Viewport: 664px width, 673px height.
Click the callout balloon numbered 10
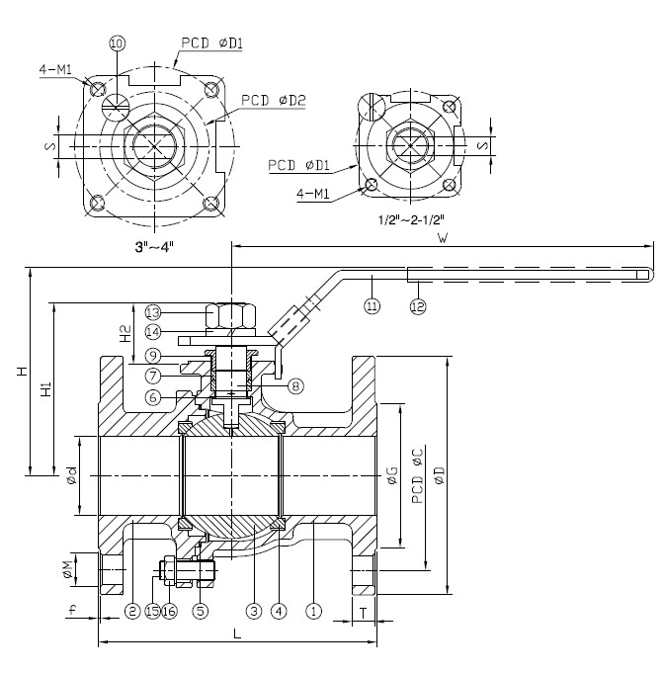click(x=118, y=43)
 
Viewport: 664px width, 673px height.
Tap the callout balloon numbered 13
click(x=152, y=312)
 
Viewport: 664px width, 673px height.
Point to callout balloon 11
click(x=372, y=306)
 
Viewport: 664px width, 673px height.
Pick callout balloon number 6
click(x=152, y=396)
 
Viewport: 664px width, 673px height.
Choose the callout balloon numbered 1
click(x=313, y=612)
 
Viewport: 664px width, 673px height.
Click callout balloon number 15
click(x=152, y=612)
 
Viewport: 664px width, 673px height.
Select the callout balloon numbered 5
click(x=201, y=612)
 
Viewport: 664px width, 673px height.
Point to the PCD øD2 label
click(x=273, y=101)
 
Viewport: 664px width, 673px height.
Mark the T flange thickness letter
click(x=365, y=612)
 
